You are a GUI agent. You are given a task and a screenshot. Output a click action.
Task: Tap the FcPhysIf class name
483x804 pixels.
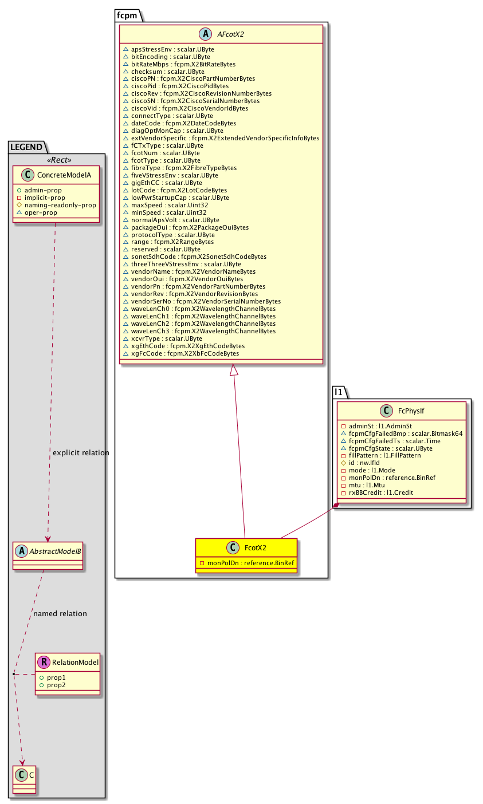point(410,411)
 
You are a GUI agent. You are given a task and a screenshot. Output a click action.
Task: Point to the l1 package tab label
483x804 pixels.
point(338,392)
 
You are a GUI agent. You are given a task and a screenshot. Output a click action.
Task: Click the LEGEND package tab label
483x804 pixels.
point(26,147)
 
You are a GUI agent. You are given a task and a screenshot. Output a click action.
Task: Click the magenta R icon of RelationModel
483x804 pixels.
point(44,663)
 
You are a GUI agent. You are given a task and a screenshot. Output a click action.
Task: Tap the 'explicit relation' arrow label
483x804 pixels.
point(81,453)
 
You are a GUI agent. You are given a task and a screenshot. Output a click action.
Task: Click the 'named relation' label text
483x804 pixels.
point(60,614)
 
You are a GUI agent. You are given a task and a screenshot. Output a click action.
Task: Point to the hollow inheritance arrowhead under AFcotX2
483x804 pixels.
point(234,371)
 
